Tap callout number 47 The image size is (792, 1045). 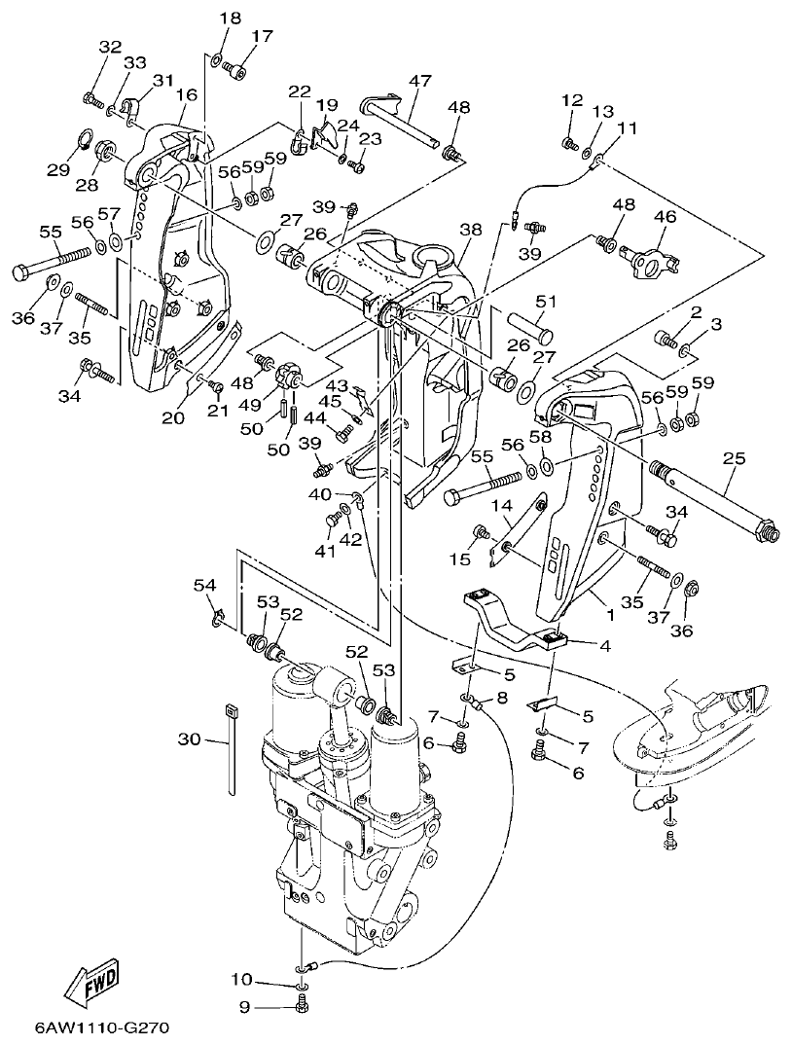(419, 81)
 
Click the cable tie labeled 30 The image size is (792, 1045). (234, 753)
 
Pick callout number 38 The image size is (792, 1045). (471, 230)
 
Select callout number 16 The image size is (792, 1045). (187, 94)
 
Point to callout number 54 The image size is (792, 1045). (203, 585)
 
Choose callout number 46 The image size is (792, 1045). (665, 217)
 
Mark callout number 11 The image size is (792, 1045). (628, 127)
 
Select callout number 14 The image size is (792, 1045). (500, 506)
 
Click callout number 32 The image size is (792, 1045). (110, 47)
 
